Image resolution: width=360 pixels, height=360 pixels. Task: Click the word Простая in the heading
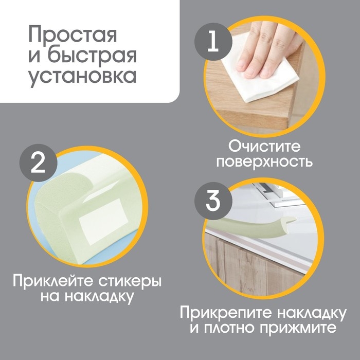point(73,35)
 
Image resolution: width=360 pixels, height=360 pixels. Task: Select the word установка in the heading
point(82,76)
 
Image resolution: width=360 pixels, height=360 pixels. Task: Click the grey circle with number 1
point(212,42)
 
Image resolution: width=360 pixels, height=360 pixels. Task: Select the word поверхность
point(264,162)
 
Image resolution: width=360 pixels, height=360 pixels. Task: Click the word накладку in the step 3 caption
point(312,312)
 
